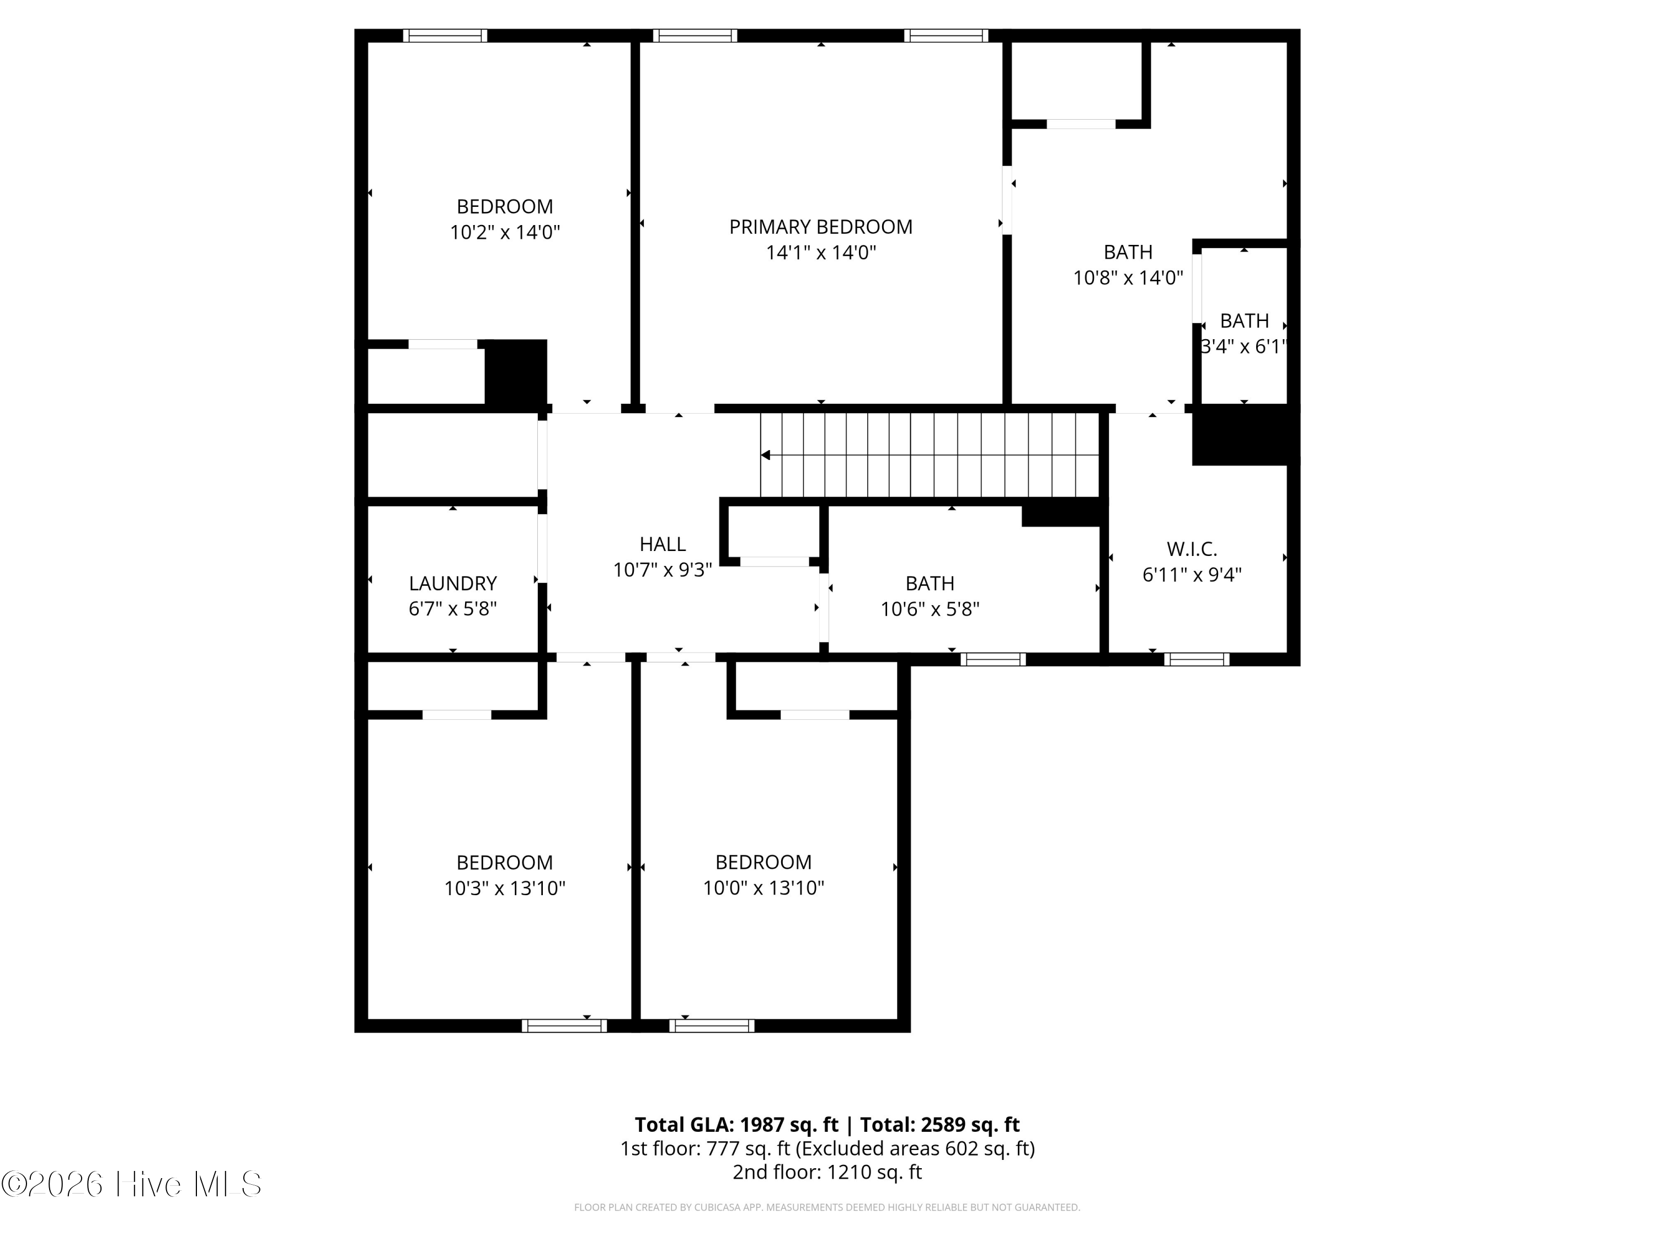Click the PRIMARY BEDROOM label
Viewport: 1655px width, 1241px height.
coord(821,227)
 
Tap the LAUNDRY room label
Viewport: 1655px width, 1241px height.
coord(453,584)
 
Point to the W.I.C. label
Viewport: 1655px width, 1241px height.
coord(1192,549)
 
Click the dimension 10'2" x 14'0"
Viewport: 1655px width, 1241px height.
coord(505,232)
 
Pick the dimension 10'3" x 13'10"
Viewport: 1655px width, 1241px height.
coord(505,888)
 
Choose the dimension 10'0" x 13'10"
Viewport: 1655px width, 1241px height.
coord(763,888)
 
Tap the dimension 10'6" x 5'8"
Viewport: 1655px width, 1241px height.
coord(930,609)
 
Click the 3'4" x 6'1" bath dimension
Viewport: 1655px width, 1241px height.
coord(1244,346)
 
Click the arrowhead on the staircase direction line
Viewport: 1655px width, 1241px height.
coord(765,455)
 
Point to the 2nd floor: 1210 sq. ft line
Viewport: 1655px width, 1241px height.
coord(827,1172)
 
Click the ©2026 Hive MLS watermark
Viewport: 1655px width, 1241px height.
coord(132,1184)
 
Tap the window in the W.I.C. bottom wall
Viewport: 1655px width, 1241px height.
coord(1197,659)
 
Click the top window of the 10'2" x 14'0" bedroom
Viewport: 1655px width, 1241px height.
coord(445,36)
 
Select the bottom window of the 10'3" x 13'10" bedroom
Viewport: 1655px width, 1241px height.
coord(564,1025)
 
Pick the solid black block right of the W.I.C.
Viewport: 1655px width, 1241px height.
coord(1246,435)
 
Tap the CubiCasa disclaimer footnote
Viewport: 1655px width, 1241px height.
coord(827,1207)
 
